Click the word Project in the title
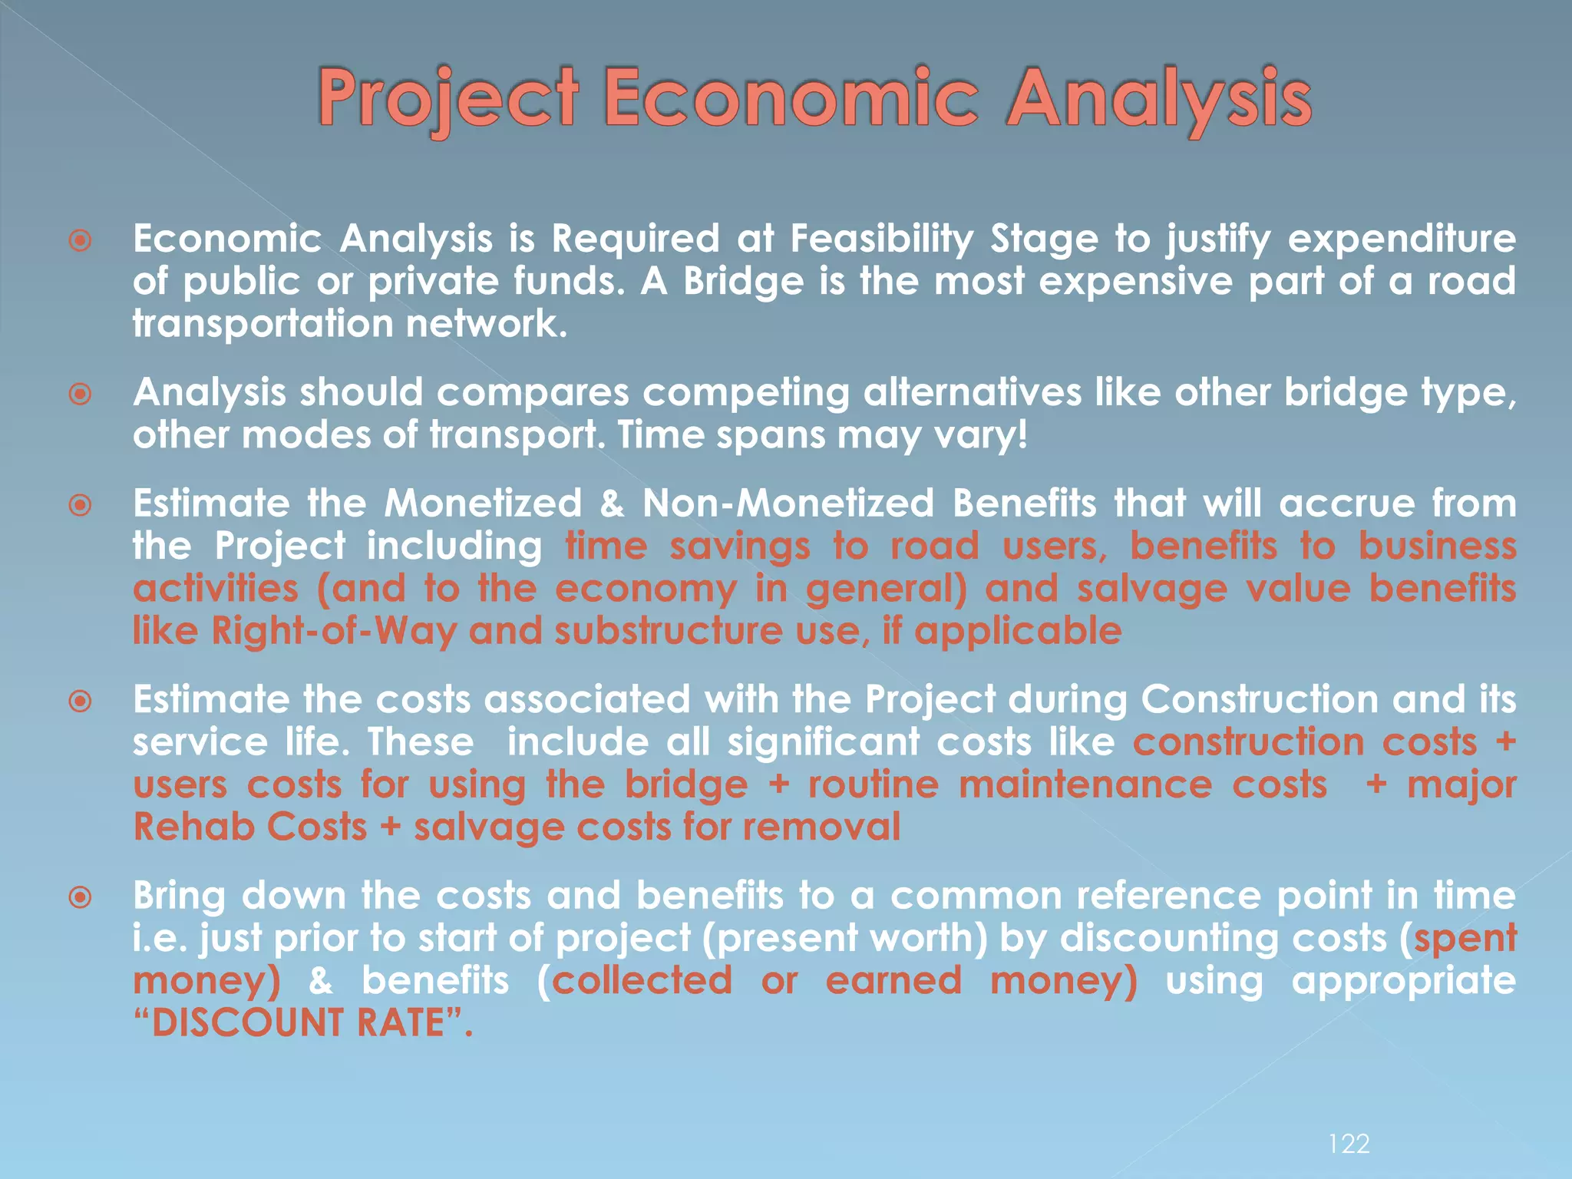click(x=448, y=100)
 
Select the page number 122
click(x=1349, y=1144)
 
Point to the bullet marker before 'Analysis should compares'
click(x=80, y=395)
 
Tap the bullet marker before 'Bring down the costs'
click(x=80, y=897)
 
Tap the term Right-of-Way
click(x=334, y=632)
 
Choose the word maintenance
click(x=1085, y=785)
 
